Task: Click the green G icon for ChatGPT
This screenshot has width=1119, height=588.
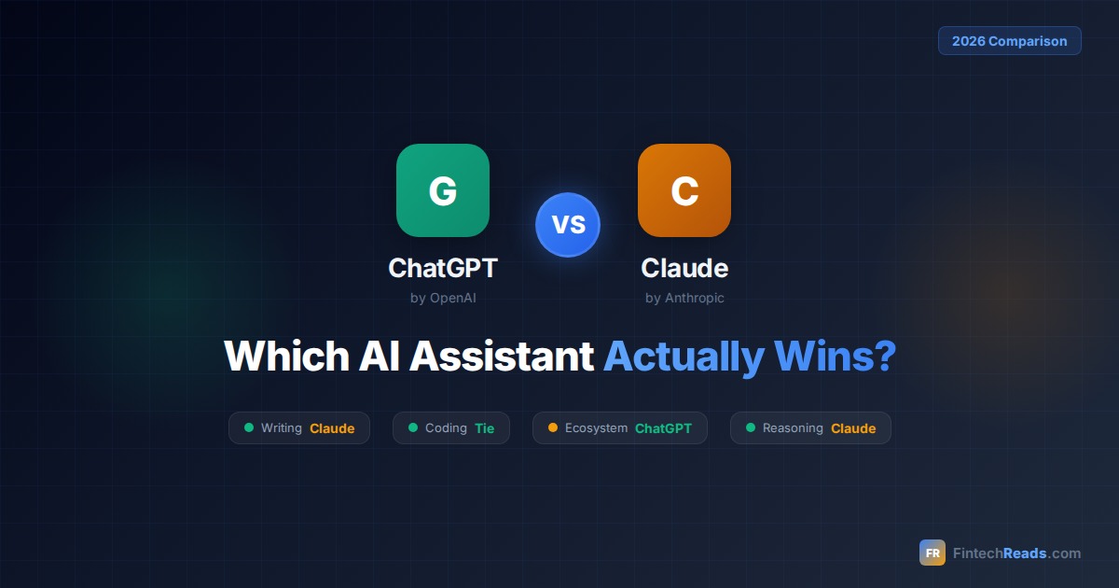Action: click(443, 190)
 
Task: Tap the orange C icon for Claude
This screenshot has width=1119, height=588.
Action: click(684, 190)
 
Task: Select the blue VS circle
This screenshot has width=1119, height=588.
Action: click(568, 225)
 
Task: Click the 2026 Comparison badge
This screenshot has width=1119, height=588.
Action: click(1010, 41)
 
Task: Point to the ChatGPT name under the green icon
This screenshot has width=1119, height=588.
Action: click(443, 269)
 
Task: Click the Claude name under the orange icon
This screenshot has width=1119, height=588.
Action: click(684, 269)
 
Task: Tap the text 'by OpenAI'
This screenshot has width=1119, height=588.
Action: click(443, 299)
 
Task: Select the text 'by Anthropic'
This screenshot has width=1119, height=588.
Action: click(684, 299)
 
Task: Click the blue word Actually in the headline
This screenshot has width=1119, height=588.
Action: click(682, 357)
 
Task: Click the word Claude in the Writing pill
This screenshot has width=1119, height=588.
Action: click(332, 428)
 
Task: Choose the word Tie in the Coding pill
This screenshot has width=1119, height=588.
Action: click(485, 428)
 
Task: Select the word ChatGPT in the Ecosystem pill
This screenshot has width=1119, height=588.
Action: click(663, 428)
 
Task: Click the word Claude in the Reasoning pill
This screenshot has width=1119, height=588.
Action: click(853, 428)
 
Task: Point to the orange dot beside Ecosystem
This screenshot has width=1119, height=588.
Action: click(553, 427)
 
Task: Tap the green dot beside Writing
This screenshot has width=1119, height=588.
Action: click(249, 427)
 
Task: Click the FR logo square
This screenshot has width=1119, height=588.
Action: click(932, 553)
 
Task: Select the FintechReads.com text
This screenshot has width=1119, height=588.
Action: click(1016, 553)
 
